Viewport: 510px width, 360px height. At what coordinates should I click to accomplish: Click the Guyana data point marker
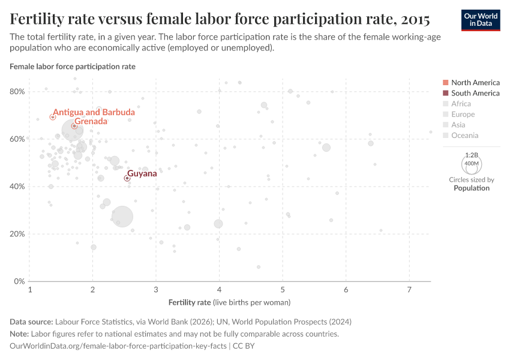click(x=127, y=178)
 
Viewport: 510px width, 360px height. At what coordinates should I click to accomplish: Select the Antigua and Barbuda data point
click(x=53, y=117)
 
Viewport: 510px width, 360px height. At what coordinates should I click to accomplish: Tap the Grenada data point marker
click(x=74, y=126)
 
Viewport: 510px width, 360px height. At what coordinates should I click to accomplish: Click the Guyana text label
click(x=142, y=173)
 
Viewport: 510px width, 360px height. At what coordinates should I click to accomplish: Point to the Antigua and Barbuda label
click(x=94, y=112)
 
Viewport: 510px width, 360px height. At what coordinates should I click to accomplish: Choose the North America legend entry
click(x=475, y=82)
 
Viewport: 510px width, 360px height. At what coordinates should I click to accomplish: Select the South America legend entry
click(x=475, y=93)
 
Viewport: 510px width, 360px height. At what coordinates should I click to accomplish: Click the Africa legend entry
click(x=461, y=104)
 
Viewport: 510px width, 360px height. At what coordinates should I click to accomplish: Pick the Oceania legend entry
click(x=464, y=136)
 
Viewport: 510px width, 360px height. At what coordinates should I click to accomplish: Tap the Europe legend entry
click(x=463, y=114)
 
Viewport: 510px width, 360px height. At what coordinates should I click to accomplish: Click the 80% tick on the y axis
click(x=18, y=91)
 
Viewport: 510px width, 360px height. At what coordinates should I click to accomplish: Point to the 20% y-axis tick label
click(x=18, y=234)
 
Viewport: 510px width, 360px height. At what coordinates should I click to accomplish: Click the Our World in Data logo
click(x=481, y=19)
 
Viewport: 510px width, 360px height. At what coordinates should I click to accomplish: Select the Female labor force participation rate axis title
click(x=73, y=67)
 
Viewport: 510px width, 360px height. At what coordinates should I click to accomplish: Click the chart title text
click(x=220, y=20)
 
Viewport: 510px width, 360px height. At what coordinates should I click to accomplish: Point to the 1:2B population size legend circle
click(x=472, y=163)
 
